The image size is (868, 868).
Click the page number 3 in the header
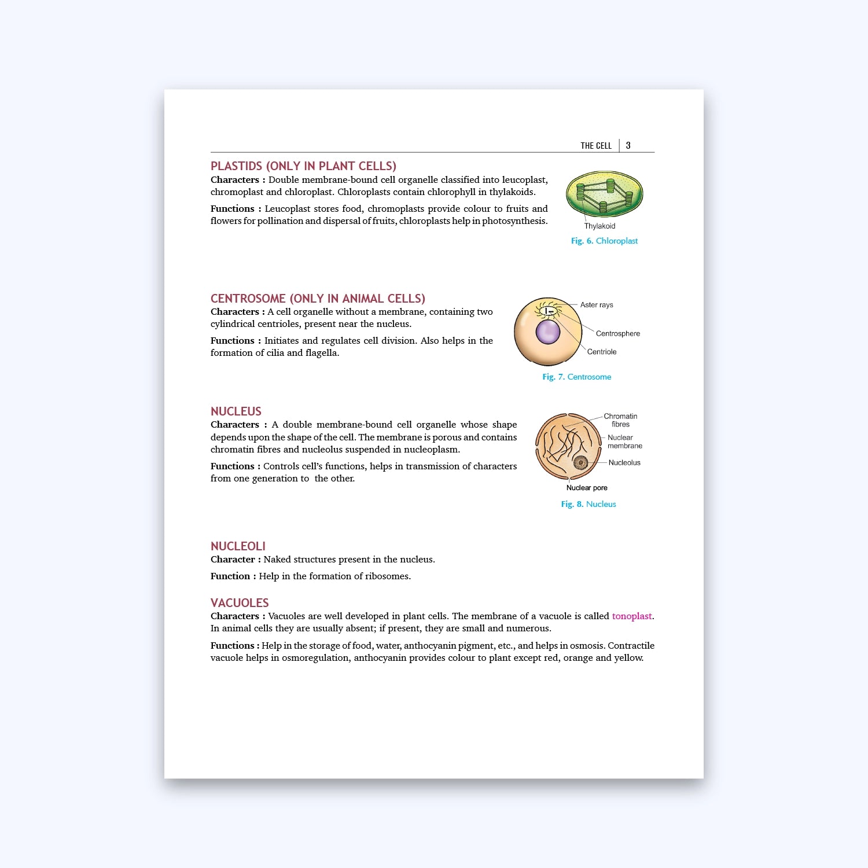click(628, 146)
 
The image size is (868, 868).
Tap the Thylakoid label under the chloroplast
click(599, 226)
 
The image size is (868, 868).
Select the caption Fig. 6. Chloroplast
click(604, 241)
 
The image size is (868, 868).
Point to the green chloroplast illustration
click(604, 194)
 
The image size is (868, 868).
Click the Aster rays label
click(597, 305)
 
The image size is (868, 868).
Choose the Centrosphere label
click(617, 334)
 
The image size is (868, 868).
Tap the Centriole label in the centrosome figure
click(601, 352)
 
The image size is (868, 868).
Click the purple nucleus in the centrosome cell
click(547, 332)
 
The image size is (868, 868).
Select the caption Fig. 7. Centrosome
click(576, 377)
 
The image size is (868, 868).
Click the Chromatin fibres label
click(620, 420)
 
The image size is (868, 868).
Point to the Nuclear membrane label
click(624, 442)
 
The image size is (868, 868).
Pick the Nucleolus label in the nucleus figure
click(624, 463)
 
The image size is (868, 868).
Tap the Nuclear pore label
click(587, 488)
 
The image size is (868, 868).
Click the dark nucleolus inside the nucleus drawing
click(580, 462)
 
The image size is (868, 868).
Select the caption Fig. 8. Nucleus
click(588, 504)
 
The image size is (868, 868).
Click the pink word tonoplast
click(631, 616)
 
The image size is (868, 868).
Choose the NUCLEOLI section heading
click(238, 546)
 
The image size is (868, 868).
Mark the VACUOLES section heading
click(240, 603)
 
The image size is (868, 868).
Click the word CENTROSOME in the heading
click(248, 299)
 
